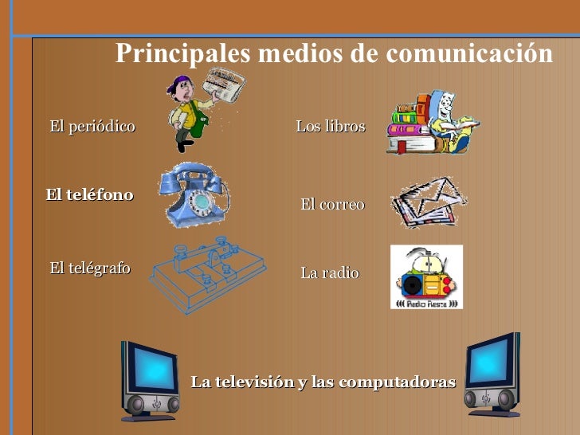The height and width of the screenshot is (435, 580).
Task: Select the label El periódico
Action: point(92,126)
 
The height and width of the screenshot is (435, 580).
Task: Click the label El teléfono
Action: point(89,194)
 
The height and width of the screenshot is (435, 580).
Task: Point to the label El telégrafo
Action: point(90,268)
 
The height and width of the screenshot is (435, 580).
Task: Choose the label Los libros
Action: point(331,126)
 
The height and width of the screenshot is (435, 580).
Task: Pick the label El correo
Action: point(332,204)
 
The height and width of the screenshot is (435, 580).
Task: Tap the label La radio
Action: point(330,272)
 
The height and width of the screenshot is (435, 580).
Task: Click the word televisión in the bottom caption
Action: point(257,382)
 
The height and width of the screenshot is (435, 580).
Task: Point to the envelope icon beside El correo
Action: point(429,201)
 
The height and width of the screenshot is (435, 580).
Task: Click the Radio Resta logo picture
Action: point(426,276)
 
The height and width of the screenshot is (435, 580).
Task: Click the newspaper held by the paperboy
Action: point(224,84)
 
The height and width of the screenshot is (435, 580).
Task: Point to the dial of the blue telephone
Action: point(201,203)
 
